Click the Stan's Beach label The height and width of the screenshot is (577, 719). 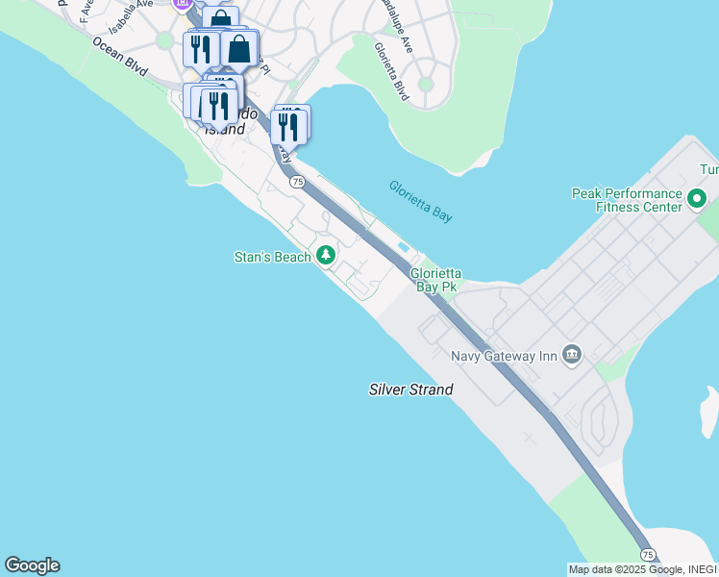pos(273,257)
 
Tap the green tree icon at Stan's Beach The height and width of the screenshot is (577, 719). pos(327,255)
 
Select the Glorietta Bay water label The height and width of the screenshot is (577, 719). pos(420,201)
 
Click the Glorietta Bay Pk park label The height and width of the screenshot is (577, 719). pos(434,280)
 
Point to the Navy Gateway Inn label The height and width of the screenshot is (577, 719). pos(505,356)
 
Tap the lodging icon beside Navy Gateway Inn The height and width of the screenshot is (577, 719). pos(573,355)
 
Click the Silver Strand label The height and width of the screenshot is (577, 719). pos(410,389)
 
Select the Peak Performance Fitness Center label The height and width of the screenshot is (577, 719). pos(627,199)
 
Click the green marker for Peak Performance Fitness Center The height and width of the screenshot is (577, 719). pos(697,199)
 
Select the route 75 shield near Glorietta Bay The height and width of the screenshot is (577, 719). pos(297,182)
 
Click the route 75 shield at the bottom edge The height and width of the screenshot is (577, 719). pos(649,555)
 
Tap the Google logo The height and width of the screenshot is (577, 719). pos(32,565)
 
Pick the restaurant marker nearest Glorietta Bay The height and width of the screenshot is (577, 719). pos(288,126)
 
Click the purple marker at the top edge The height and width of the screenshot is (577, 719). pos(182,4)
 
